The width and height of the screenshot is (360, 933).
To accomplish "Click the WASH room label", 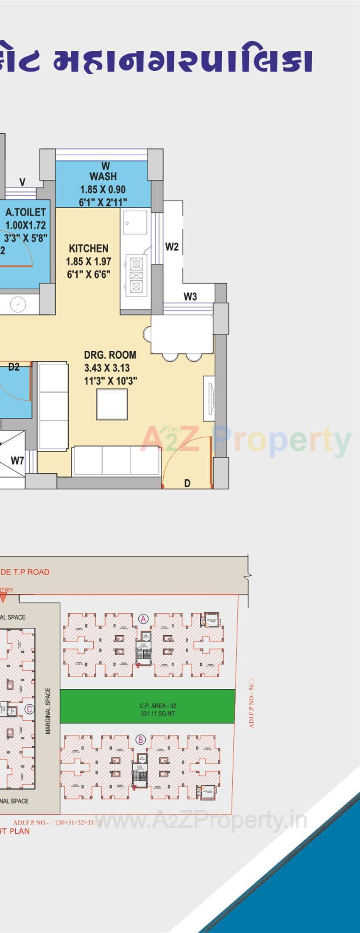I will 103,176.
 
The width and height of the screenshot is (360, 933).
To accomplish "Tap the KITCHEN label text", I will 89,248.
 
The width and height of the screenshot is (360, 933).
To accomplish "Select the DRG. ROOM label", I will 110,355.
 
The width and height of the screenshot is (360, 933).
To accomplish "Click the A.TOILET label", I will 25,212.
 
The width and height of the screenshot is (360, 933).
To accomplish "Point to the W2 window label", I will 172,246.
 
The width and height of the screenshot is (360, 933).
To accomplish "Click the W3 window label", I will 190,296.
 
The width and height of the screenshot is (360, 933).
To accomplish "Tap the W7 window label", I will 17,460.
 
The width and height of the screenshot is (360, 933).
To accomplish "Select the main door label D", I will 187,483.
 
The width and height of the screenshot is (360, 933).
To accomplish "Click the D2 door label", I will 14,367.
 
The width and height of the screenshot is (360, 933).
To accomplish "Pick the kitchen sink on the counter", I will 135,222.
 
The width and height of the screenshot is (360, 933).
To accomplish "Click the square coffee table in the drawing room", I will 112,404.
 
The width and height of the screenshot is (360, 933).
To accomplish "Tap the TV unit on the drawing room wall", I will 209,398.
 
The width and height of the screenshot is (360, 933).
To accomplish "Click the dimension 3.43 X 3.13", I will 107,368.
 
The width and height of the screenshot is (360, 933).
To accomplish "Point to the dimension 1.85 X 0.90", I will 103,189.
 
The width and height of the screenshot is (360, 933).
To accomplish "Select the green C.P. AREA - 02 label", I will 158,706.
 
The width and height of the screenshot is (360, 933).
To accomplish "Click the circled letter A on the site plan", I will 144,619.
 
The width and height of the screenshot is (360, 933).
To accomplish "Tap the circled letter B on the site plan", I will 140,740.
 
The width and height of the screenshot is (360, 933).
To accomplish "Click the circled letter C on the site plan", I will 29,709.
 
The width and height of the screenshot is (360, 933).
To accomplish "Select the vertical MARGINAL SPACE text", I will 48,705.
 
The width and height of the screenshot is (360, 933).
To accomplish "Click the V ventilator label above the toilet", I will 22,182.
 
